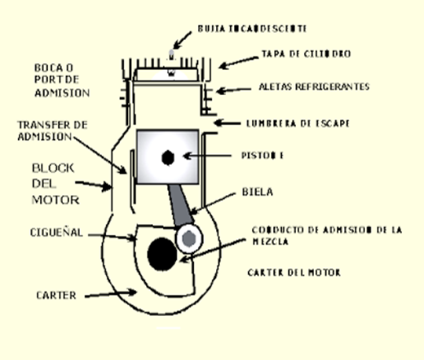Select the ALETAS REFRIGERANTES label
(x=313, y=87)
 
